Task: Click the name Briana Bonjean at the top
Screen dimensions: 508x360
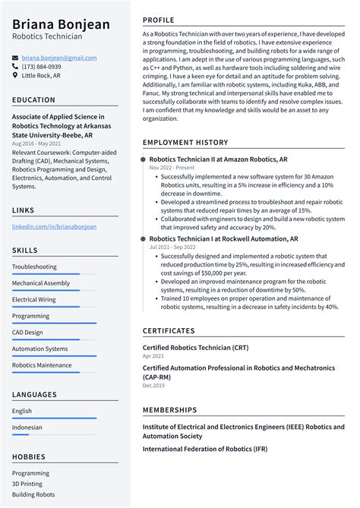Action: tap(61, 24)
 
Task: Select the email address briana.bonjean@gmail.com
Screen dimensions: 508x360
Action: tap(58, 58)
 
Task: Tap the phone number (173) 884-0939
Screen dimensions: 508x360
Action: tap(41, 67)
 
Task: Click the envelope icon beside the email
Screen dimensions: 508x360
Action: tap(15, 58)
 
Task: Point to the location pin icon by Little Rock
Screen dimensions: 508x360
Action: tap(15, 76)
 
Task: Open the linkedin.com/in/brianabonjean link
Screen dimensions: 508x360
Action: tap(54, 226)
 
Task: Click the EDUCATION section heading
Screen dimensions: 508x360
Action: tap(33, 99)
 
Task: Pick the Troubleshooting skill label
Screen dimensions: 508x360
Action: tap(34, 267)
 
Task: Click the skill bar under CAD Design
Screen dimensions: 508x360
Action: tap(53, 339)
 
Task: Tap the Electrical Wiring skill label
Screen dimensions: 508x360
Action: tap(34, 299)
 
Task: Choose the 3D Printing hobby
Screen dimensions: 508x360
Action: tap(27, 484)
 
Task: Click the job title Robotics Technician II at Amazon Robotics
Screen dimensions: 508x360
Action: tap(218, 160)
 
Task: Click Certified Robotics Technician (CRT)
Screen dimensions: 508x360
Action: tap(196, 346)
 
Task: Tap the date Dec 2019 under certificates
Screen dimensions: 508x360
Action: tap(153, 385)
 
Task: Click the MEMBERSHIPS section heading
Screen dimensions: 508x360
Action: tap(169, 410)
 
